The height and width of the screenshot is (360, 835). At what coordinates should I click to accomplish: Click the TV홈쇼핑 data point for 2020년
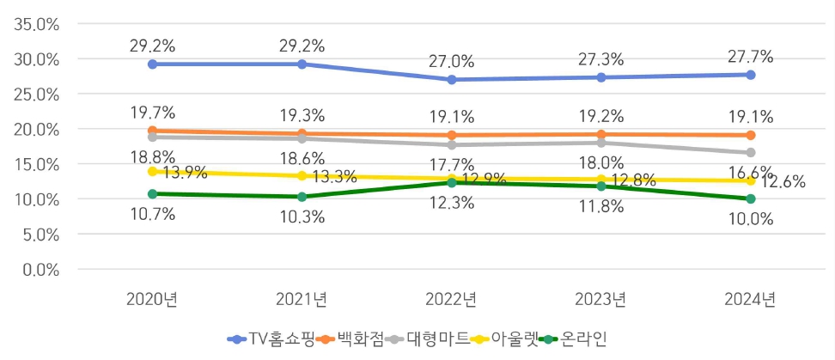pyautogui.click(x=153, y=64)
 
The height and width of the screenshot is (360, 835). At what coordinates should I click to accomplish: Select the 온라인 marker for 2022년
pyautogui.click(x=452, y=182)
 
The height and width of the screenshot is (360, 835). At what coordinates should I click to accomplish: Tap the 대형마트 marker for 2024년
pyautogui.click(x=751, y=152)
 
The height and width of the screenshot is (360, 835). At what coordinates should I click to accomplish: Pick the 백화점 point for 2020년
pyautogui.click(x=153, y=131)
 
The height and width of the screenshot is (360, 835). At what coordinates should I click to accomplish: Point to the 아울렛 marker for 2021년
pyautogui.click(x=302, y=175)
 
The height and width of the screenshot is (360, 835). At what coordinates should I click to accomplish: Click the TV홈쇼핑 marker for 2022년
pyautogui.click(x=452, y=79)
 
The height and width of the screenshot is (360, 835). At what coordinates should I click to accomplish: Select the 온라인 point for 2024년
pyautogui.click(x=751, y=198)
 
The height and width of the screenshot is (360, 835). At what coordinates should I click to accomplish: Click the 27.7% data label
pyautogui.click(x=751, y=57)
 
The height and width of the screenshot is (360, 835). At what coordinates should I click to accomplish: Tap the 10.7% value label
pyautogui.click(x=153, y=214)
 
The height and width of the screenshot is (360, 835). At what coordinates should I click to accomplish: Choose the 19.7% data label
pyautogui.click(x=153, y=112)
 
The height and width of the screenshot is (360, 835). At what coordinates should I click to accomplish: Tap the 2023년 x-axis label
pyautogui.click(x=601, y=300)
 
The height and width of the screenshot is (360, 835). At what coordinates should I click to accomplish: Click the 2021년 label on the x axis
pyautogui.click(x=302, y=300)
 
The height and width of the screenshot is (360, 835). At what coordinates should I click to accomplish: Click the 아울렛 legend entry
pyautogui.click(x=504, y=339)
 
